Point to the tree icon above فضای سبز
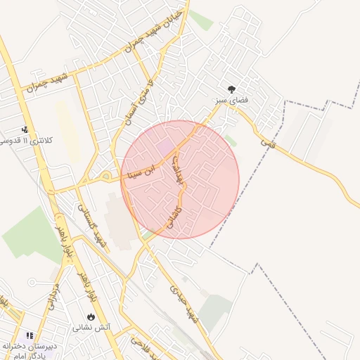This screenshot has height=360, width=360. (231, 89)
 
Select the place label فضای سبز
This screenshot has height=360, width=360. (232, 101)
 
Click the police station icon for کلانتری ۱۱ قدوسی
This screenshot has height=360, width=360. (25, 129)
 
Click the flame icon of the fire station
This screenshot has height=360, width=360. (91, 316)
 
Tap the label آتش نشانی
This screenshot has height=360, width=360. (91, 328)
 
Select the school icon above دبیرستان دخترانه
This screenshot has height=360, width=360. (30, 336)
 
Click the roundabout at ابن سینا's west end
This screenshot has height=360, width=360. (106, 176)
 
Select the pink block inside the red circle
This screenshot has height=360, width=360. (167, 147)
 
